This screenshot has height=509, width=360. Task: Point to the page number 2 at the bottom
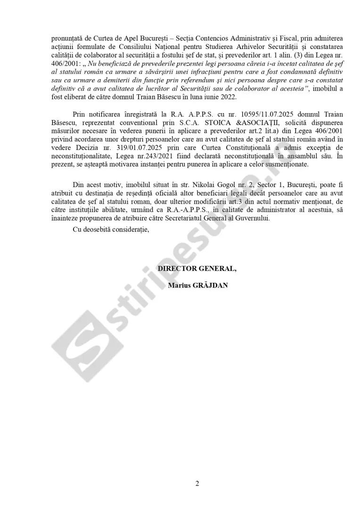coord(197,483)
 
